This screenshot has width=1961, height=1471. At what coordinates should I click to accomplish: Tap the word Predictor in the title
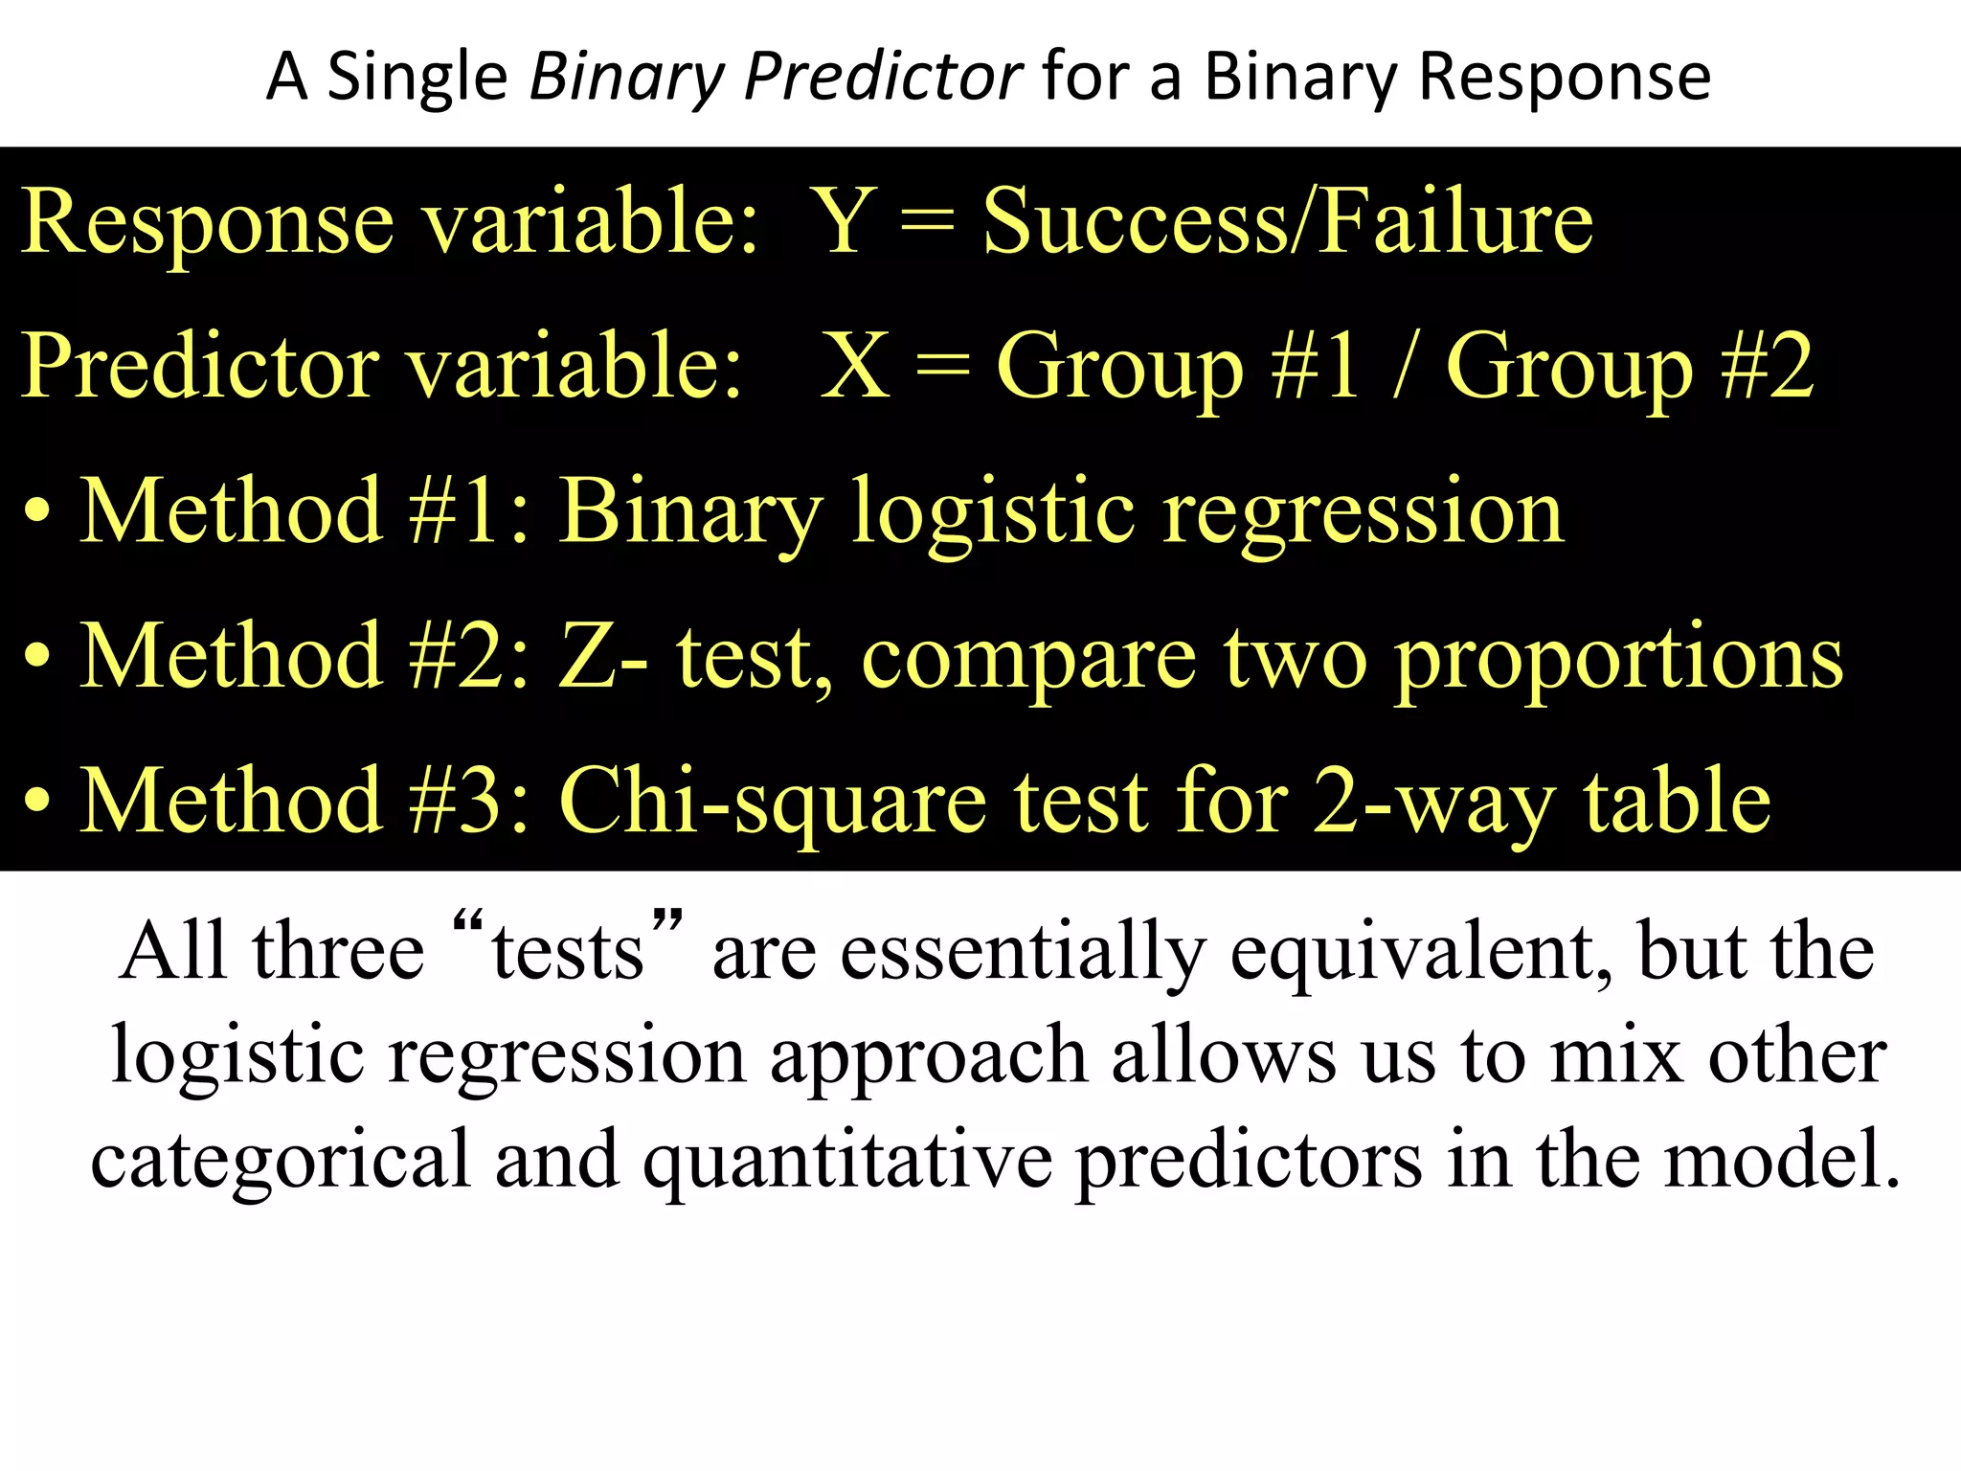(883, 77)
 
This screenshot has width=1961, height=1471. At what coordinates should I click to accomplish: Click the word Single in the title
(417, 77)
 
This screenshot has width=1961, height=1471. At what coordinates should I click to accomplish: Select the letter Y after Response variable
(843, 222)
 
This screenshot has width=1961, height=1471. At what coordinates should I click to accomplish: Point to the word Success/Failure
(1288, 222)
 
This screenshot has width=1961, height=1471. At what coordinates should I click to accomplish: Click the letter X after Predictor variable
(855, 367)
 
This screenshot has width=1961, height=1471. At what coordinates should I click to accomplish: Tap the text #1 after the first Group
(1315, 367)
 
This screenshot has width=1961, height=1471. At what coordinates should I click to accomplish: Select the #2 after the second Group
(1767, 367)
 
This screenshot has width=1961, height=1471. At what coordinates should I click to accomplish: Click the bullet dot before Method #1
(37, 513)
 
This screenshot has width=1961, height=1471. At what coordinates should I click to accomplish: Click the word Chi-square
(773, 803)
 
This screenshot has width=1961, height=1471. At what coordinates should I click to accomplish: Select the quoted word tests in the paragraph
(568, 952)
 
